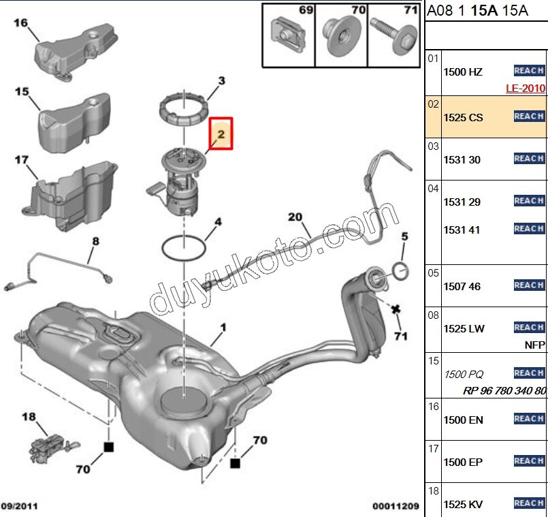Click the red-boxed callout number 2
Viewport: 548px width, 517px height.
[221, 134]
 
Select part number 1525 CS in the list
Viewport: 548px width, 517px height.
[463, 117]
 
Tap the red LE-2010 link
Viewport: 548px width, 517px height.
[526, 88]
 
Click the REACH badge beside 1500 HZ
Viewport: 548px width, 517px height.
[529, 71]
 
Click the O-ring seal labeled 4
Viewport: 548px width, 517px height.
[182, 248]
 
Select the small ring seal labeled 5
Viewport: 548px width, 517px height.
[401, 272]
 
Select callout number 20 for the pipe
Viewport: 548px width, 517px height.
[294, 217]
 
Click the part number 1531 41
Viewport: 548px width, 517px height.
[462, 230]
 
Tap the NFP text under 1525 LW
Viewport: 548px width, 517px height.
[534, 345]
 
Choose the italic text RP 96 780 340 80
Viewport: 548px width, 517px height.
[504, 390]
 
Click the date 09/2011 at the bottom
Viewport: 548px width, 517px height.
[19, 506]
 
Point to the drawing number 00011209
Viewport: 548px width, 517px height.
[396, 506]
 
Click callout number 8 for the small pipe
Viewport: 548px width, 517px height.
[95, 240]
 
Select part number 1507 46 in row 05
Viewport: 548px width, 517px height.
[462, 286]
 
